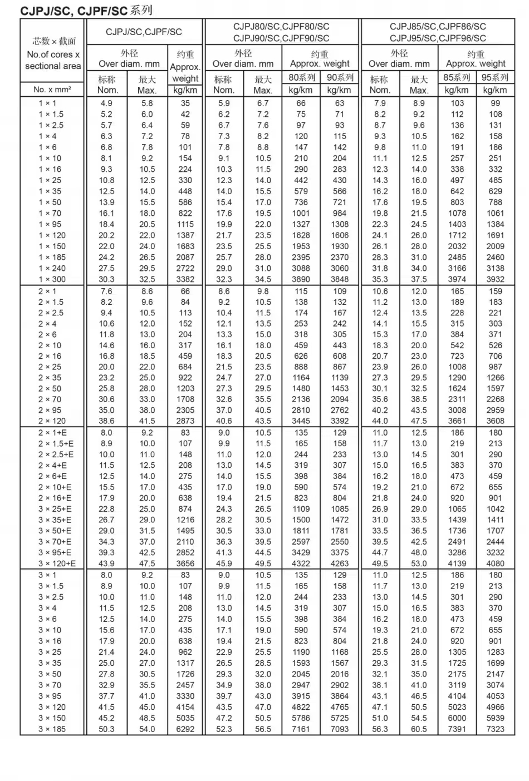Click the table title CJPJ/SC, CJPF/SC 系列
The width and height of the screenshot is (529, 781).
(86, 11)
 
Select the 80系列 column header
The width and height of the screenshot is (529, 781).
(301, 77)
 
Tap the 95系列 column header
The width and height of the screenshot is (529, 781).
(495, 77)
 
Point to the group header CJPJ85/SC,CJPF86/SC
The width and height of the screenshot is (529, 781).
(438, 26)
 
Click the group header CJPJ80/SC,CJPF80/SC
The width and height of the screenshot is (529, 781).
(281, 26)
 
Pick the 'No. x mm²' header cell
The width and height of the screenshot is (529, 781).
(52, 90)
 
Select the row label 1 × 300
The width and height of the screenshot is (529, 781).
(52, 279)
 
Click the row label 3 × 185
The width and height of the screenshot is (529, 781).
(52, 729)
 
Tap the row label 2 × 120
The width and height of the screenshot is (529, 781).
(52, 421)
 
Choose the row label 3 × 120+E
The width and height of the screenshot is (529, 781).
(56, 563)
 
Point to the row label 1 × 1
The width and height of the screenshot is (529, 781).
(47, 103)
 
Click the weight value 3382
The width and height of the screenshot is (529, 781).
(185, 279)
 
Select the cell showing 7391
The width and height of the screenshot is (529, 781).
(457, 729)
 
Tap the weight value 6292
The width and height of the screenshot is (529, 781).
(185, 729)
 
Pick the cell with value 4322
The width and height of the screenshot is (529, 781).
(301, 563)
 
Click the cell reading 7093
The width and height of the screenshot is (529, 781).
(340, 729)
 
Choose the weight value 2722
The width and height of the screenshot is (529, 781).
(185, 268)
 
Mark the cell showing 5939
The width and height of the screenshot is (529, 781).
(495, 718)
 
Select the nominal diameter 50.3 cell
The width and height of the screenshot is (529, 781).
(106, 729)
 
